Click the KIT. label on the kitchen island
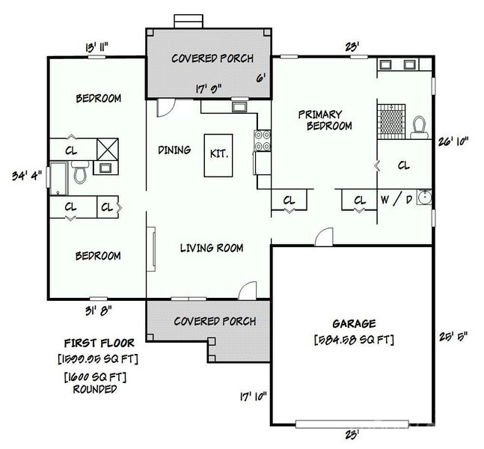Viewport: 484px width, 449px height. coord(218,153)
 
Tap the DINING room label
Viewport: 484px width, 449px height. coord(174,150)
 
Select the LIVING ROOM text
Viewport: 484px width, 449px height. coord(211,248)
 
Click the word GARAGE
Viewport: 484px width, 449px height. coord(354,324)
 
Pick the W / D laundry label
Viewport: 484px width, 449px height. coord(396,199)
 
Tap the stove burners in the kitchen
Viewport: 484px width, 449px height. coord(263,140)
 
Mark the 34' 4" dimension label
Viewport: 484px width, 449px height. coord(25,177)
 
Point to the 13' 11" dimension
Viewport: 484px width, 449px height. coord(97,47)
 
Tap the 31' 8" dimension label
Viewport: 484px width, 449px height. coord(98,307)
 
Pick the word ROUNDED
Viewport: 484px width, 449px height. coord(98,389)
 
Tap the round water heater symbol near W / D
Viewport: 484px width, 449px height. coord(424,198)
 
